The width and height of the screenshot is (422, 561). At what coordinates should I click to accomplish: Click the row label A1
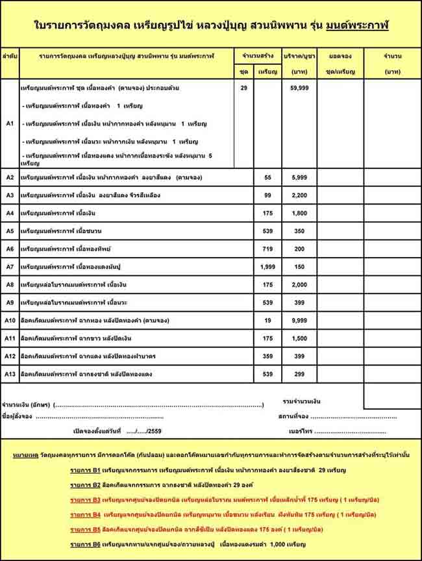tap(10, 122)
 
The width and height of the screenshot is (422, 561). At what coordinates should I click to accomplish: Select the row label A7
tap(10, 267)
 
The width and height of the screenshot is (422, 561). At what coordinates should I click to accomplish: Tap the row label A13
tap(10, 375)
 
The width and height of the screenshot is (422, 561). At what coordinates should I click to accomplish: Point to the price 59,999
tap(299, 87)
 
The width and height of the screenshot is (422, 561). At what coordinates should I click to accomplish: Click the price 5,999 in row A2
tap(299, 177)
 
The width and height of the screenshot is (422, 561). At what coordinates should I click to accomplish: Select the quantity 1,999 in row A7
tap(267, 267)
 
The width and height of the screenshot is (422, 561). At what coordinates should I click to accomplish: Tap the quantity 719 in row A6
tap(267, 249)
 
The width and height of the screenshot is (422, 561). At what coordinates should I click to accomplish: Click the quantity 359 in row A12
tap(267, 356)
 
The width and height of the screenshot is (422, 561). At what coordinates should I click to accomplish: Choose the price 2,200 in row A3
tap(299, 195)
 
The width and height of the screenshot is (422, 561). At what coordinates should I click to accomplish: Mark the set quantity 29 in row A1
tap(243, 87)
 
